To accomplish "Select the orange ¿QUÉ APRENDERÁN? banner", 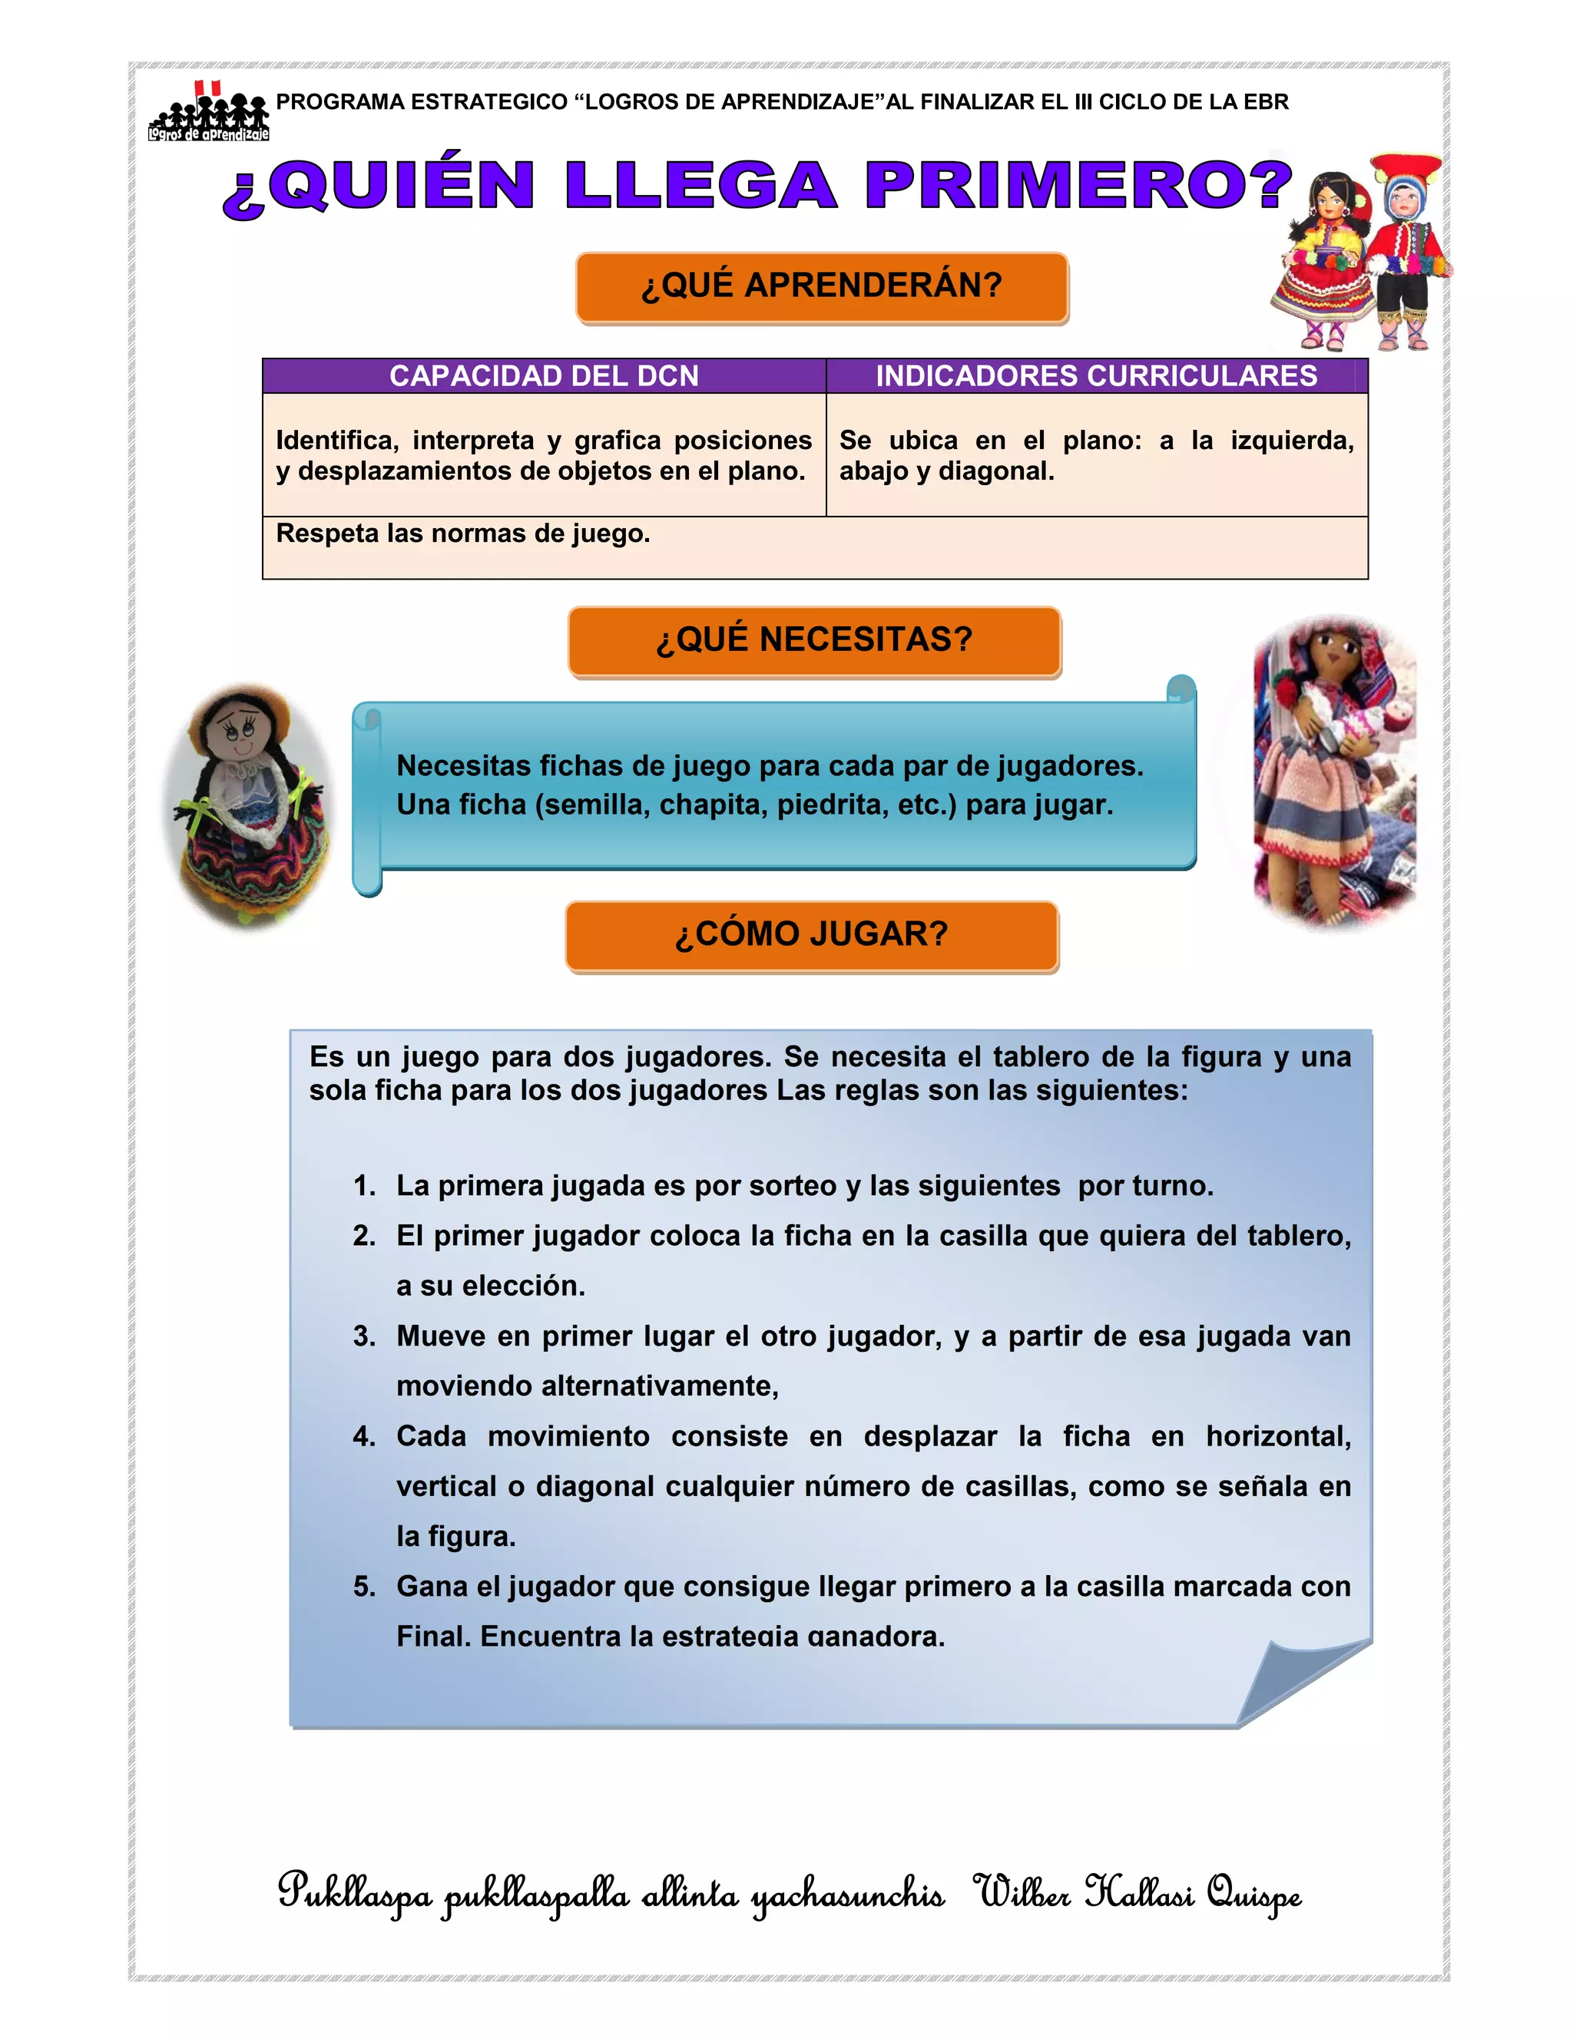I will point(822,286).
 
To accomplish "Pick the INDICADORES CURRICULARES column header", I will point(1096,376).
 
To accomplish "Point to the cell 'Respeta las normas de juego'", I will point(463,533).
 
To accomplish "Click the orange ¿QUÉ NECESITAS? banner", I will point(814,640).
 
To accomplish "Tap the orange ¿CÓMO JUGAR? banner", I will point(811,934).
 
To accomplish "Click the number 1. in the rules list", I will point(364,1186).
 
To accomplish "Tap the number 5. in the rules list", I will point(364,1587).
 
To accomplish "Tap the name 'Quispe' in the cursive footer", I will point(1253,1894).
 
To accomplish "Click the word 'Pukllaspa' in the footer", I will point(355,1894).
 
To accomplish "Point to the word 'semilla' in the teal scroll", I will point(597,805).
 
